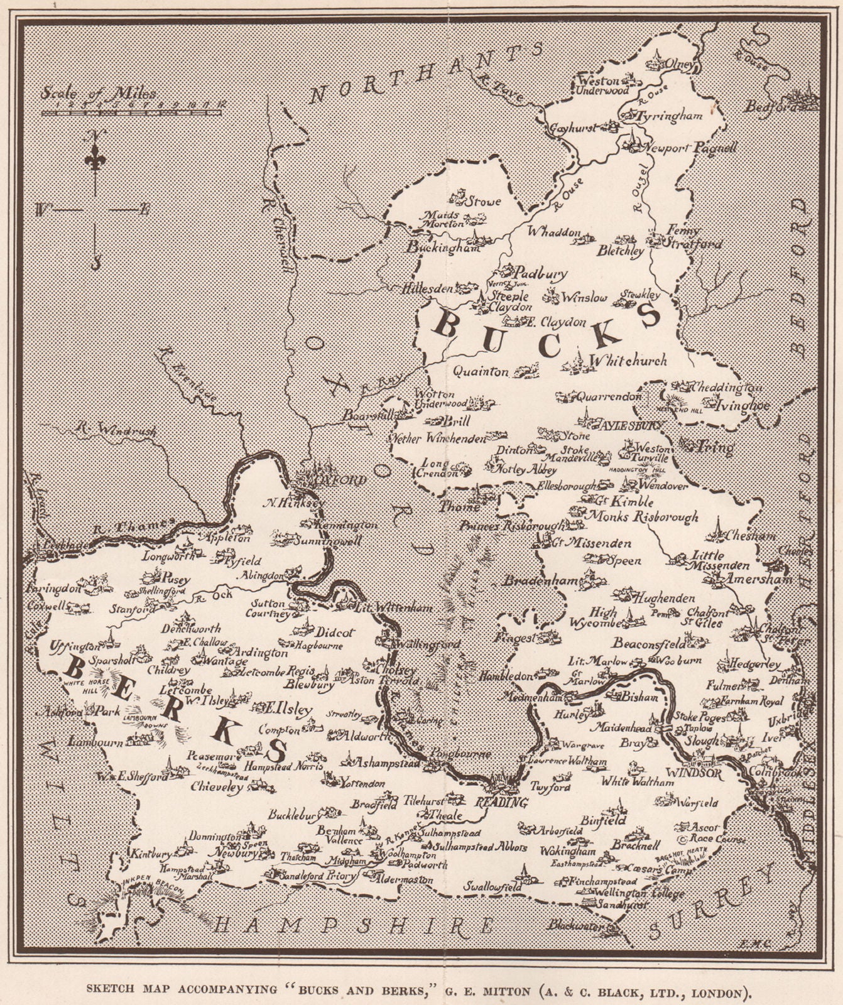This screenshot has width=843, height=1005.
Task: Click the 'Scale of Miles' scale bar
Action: pos(131,112)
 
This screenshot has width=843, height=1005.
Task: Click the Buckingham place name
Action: pos(443,247)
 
